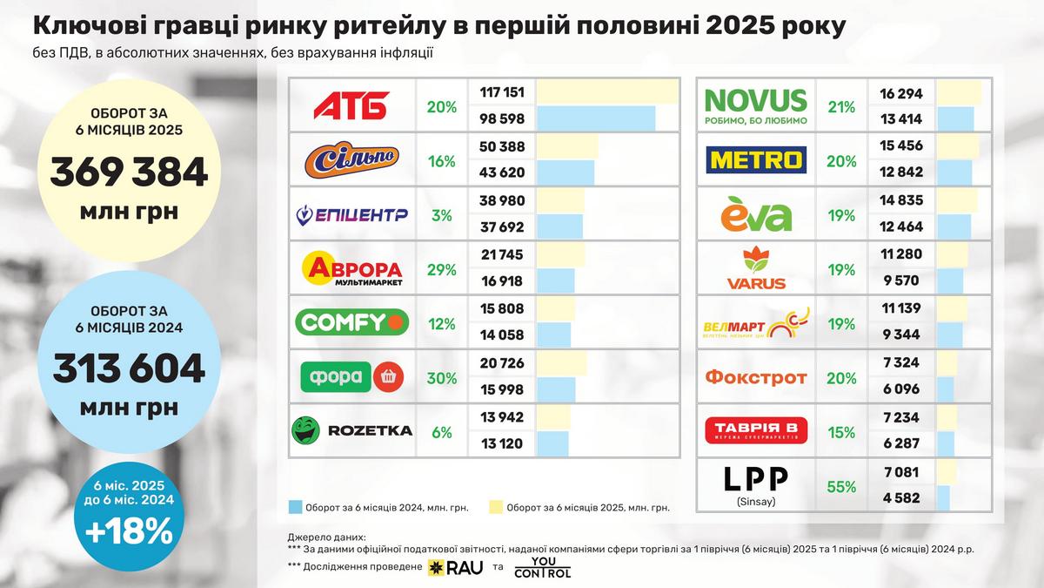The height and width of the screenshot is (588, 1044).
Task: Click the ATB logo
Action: [x=351, y=105]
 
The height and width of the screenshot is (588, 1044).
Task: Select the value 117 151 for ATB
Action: [x=502, y=91]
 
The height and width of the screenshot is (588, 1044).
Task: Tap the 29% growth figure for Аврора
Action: [x=441, y=269]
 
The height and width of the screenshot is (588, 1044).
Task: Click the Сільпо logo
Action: [x=351, y=159]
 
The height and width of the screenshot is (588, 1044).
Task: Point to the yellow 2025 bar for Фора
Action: [x=561, y=363]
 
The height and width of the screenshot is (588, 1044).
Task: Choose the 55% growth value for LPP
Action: [x=841, y=487]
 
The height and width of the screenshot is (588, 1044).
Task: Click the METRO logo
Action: [x=756, y=159]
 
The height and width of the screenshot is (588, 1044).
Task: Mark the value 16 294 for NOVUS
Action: [x=901, y=93]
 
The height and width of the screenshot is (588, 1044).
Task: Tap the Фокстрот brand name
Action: [x=755, y=378]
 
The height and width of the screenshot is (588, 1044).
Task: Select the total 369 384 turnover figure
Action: [x=129, y=172]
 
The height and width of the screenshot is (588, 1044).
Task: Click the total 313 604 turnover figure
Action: [x=129, y=368]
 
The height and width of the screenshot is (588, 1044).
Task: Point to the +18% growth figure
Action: [x=129, y=531]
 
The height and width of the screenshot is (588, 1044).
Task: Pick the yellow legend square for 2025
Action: [x=495, y=506]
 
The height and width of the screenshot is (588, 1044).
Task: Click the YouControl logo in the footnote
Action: [x=542, y=568]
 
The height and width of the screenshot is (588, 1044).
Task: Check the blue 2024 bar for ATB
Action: [x=595, y=118]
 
